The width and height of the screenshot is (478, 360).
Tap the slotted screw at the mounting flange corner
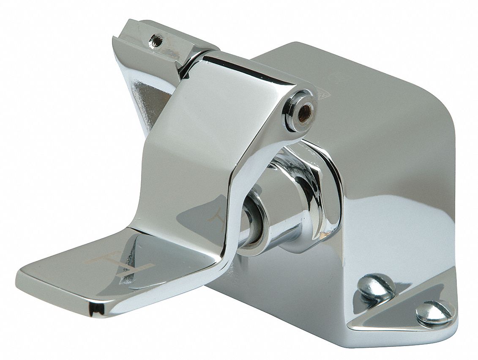pyautogui.click(x=435, y=312)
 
